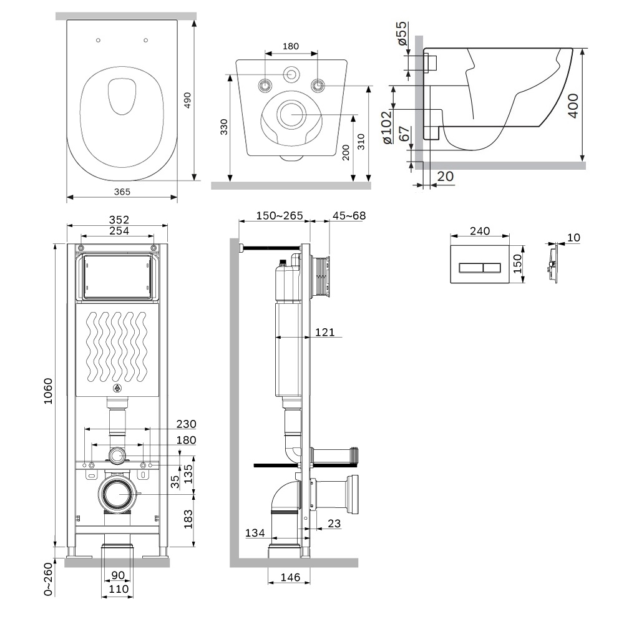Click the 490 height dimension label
click(x=187, y=100)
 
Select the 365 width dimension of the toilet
click(x=122, y=192)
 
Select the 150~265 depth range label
click(x=280, y=216)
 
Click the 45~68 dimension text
click(x=349, y=216)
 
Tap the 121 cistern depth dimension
click(x=324, y=333)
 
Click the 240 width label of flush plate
click(x=479, y=231)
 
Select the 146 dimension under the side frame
click(x=290, y=577)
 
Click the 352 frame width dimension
click(x=118, y=220)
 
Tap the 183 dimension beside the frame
click(x=187, y=519)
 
